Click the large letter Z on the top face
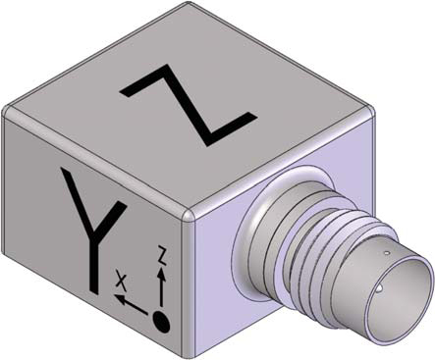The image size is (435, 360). point(190,104)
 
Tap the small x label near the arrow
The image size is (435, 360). point(121,281)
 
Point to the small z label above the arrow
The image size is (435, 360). point(161,254)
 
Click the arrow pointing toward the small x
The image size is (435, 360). point(131,304)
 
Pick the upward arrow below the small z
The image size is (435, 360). point(161,286)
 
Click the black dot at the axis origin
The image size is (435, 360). point(161,322)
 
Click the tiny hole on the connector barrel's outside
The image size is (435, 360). point(387,253)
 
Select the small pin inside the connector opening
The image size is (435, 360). point(380,288)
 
